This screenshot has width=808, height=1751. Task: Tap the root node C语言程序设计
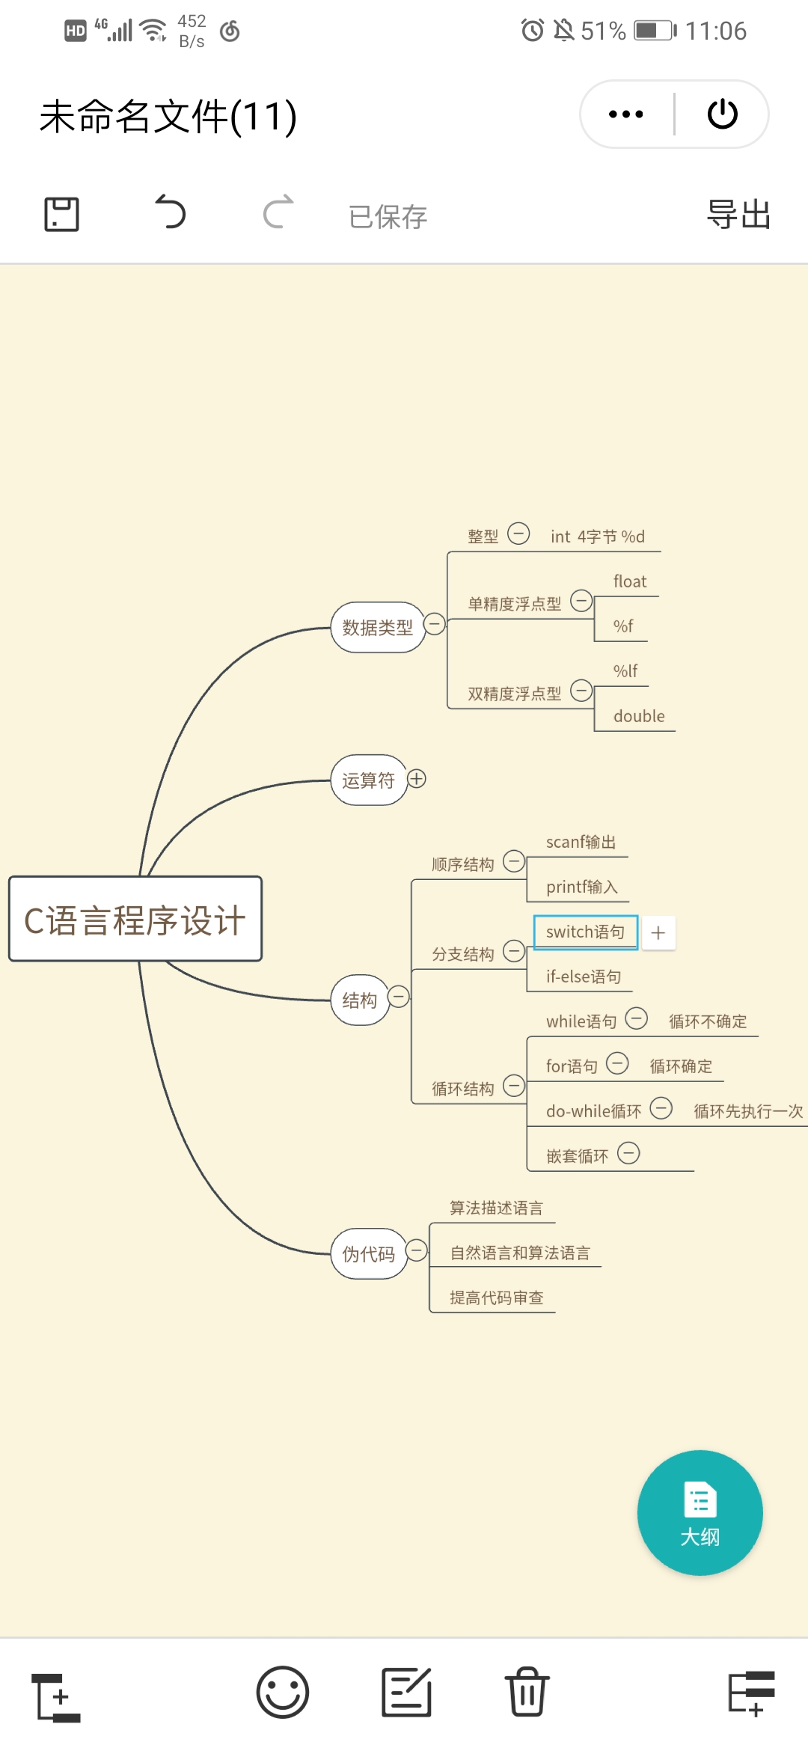coord(135,919)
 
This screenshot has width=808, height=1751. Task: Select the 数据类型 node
coord(377,627)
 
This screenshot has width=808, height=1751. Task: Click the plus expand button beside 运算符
coord(417,779)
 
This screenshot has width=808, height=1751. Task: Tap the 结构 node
coord(360,1000)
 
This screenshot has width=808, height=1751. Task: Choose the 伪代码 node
coord(368,1253)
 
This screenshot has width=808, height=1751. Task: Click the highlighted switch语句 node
coord(585,932)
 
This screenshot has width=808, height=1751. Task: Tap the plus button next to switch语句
coord(658,932)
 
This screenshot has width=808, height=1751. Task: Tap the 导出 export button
coord(738,215)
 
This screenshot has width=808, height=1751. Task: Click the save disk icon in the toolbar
coord(61,215)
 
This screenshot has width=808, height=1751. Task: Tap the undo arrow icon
coord(170,213)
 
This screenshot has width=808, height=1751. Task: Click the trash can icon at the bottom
coord(527,1692)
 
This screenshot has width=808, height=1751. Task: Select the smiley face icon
coord(283,1692)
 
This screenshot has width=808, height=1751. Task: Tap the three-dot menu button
coord(626,114)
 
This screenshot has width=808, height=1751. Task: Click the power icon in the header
coord(723,114)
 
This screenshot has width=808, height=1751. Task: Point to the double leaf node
coord(639,716)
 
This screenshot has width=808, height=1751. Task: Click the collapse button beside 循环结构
coord(514,1085)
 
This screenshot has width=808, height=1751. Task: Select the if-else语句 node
coord(584,977)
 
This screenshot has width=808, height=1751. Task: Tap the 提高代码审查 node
coord(497,1298)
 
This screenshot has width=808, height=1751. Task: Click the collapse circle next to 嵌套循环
coord(628,1153)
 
